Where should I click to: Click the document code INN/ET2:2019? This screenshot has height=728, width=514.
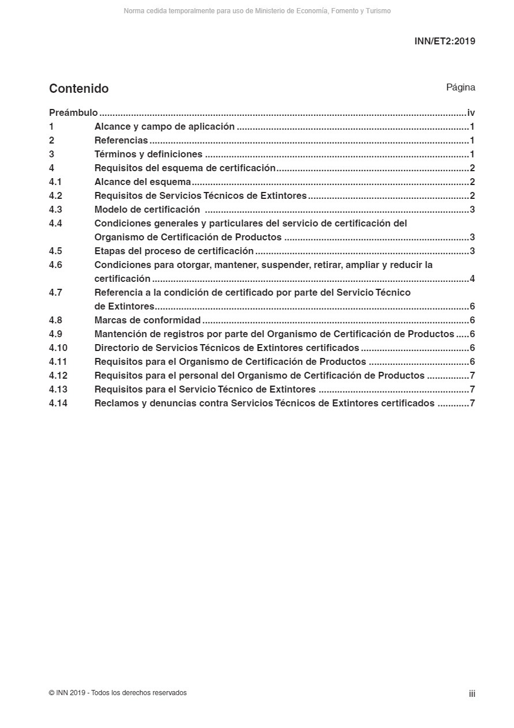pos(444,41)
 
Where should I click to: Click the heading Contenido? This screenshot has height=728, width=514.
pos(79,89)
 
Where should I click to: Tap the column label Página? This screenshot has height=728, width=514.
pos(460,88)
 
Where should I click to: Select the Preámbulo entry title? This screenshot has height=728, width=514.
pos(73,113)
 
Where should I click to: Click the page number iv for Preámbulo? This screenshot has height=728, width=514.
pos(471,113)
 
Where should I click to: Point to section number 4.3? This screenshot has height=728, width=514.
pos(55,210)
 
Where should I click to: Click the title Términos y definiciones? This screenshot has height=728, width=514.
pos(148,154)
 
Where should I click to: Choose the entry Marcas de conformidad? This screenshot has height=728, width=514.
pos(148,320)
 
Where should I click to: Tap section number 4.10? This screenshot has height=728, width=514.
pos(58,348)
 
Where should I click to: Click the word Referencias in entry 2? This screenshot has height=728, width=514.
pos(121,141)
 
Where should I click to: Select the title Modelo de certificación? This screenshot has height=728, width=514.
pos(147,210)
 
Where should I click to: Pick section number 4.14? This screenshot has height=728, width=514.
pos(58,403)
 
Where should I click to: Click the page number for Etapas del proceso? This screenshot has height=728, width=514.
pos(472,251)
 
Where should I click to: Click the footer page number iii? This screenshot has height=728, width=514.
pos(472,694)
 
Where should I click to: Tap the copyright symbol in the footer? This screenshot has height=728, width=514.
pos(52,693)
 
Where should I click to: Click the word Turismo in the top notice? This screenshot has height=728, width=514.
pos(378,11)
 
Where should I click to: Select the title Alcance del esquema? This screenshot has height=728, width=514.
pos(142,182)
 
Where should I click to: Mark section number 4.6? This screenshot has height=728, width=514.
pos(55,265)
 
